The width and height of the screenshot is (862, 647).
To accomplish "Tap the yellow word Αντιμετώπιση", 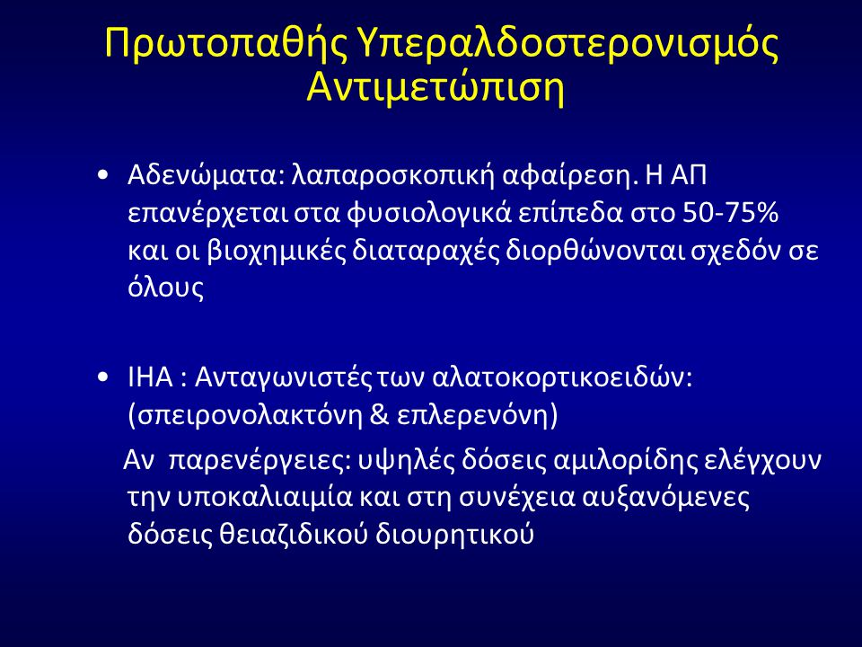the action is point(435,87).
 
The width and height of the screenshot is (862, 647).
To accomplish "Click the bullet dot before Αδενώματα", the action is point(102,176).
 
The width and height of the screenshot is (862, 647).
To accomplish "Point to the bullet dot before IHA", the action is point(102,378).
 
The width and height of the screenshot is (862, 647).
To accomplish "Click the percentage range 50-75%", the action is point(730,213).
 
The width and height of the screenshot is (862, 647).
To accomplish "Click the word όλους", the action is point(165,288).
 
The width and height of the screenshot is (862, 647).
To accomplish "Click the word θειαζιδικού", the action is point(294,534).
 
